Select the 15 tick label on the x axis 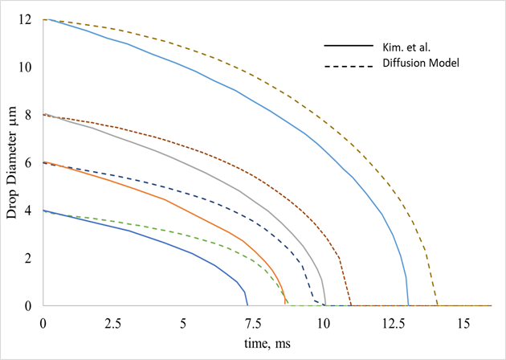pos(463,321)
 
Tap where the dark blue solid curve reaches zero pos(247,305)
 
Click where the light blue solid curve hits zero pos(408,305)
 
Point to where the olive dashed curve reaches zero pos(438,305)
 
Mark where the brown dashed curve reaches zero pos(351,305)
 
